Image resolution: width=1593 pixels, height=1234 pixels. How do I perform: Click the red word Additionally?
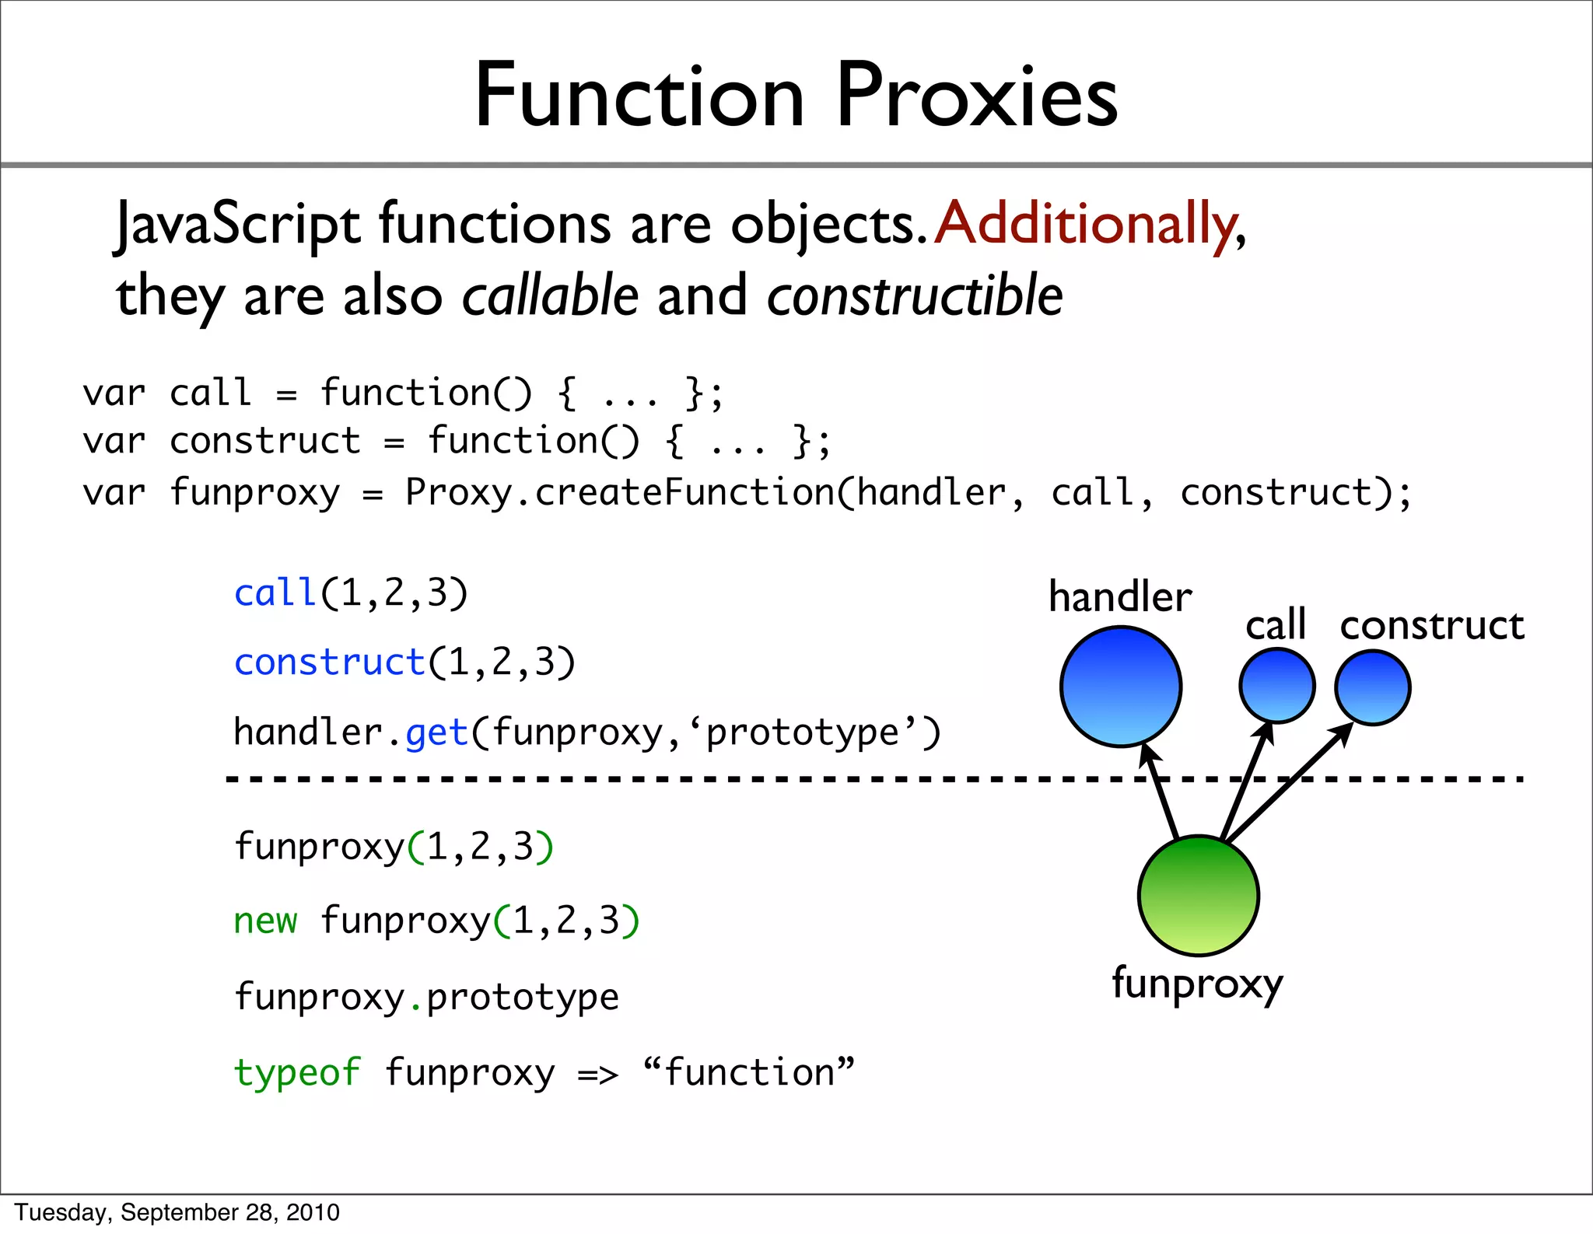[x=1086, y=224]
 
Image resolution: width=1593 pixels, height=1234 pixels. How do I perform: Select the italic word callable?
[x=550, y=296]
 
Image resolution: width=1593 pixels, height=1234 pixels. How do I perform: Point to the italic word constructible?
[x=915, y=296]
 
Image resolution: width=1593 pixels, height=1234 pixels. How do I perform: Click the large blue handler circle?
[x=1121, y=687]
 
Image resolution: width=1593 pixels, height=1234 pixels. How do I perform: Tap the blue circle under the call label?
[x=1276, y=686]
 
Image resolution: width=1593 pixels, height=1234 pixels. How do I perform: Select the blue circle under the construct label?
[x=1373, y=688]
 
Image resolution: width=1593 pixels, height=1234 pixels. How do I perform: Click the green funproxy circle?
[x=1198, y=896]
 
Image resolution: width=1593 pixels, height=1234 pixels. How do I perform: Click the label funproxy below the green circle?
[x=1197, y=984]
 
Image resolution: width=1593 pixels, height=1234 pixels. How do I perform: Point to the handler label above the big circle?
[x=1120, y=597]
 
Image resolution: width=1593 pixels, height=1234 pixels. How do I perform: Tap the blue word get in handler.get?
[x=436, y=733]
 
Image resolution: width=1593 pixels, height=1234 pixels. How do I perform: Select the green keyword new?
[x=265, y=921]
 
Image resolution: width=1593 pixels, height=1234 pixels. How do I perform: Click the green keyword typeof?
[x=297, y=1073]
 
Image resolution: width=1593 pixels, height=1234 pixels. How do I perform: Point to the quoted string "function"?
[x=748, y=1073]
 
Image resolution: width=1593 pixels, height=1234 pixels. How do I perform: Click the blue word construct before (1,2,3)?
[x=329, y=663]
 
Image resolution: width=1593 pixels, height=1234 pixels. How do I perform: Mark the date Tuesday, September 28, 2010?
[x=177, y=1212]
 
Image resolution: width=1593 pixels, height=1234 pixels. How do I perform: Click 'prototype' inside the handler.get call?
[x=802, y=733]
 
